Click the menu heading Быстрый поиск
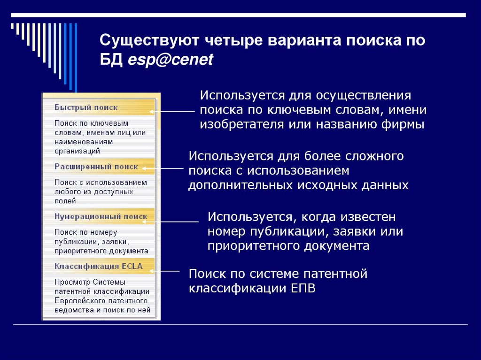coord(86,107)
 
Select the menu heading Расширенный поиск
coord(96,167)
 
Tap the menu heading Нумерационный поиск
coord(101,217)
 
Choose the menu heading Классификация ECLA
coord(98,267)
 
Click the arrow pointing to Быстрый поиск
coord(172,112)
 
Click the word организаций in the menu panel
coord(77,151)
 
